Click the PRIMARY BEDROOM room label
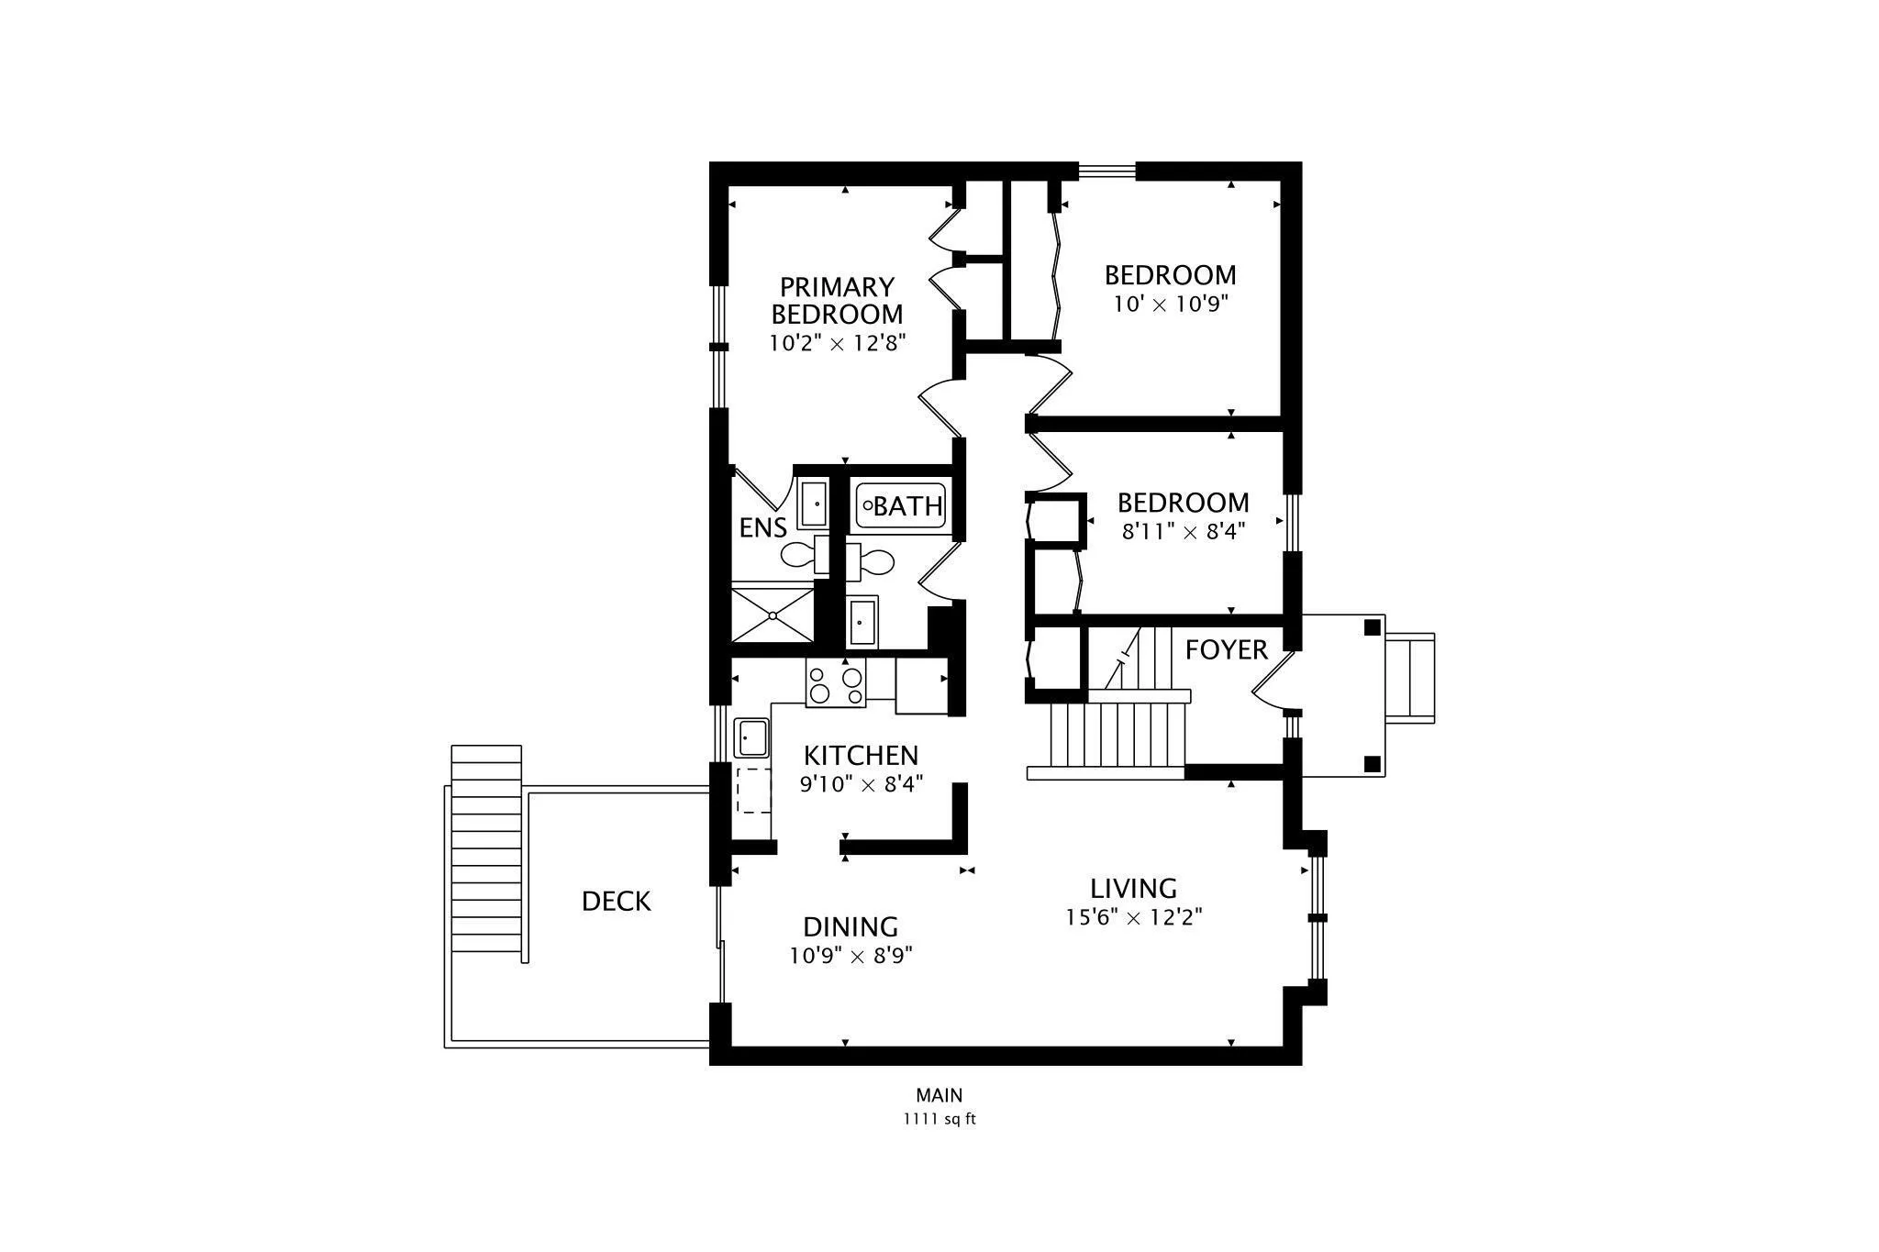[837, 301]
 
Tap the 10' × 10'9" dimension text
[1170, 305]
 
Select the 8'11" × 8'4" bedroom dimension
[1184, 532]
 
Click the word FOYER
[1226, 650]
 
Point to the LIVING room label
[1133, 889]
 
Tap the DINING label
[851, 927]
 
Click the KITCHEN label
[861, 756]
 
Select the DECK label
[617, 902]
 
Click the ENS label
[763, 527]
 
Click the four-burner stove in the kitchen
[836, 684]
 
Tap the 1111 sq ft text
[939, 1119]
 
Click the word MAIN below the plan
[939, 1095]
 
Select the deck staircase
[486, 854]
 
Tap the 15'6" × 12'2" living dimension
[1134, 917]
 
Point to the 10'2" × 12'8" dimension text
[838, 344]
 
